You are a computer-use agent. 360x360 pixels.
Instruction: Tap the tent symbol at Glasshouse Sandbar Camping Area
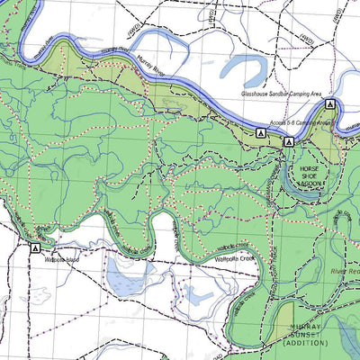pyautogui.click(x=329, y=105)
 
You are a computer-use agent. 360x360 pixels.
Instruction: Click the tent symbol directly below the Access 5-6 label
pyautogui.click(x=289, y=142)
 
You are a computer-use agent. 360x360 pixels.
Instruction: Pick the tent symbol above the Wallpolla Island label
pyautogui.click(x=34, y=247)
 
